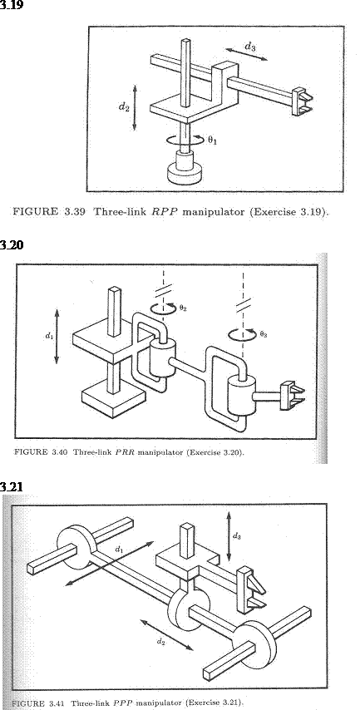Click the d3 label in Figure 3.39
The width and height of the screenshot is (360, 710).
tap(249, 47)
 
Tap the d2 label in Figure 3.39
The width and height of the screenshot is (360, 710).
tap(124, 106)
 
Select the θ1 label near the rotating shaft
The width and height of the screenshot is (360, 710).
tap(212, 141)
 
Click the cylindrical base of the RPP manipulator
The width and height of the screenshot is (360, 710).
tap(185, 169)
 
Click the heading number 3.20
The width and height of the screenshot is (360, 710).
tap(12, 245)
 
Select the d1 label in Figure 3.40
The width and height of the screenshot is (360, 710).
tap(48, 336)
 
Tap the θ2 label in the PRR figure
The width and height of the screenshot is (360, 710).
tap(183, 308)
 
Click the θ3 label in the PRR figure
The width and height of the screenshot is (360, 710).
tap(264, 334)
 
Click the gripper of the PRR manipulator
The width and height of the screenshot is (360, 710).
tap(292, 396)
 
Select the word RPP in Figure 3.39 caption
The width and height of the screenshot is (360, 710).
tap(160, 211)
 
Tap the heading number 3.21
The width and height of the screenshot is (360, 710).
tap(12, 486)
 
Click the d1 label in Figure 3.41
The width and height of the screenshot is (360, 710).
tap(119, 550)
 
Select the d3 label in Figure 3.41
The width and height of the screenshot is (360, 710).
tap(236, 536)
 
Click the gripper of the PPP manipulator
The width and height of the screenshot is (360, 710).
tap(250, 589)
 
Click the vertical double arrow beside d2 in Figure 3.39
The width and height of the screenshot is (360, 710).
tap(135, 107)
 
